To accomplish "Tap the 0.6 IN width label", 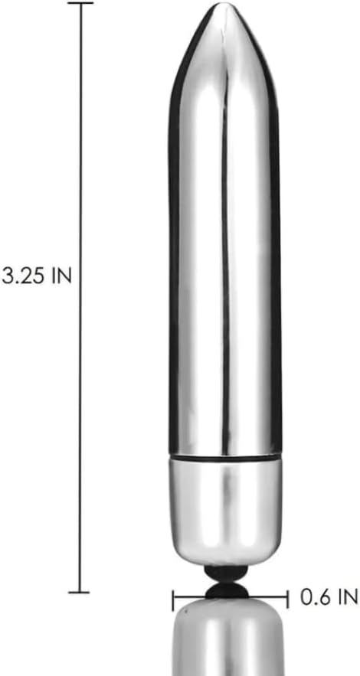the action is coord(329,597).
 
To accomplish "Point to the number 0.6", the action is coord(313,597).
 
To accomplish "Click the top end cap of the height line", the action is coord(81,2).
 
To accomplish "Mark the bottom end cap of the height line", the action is coord(79,592).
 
